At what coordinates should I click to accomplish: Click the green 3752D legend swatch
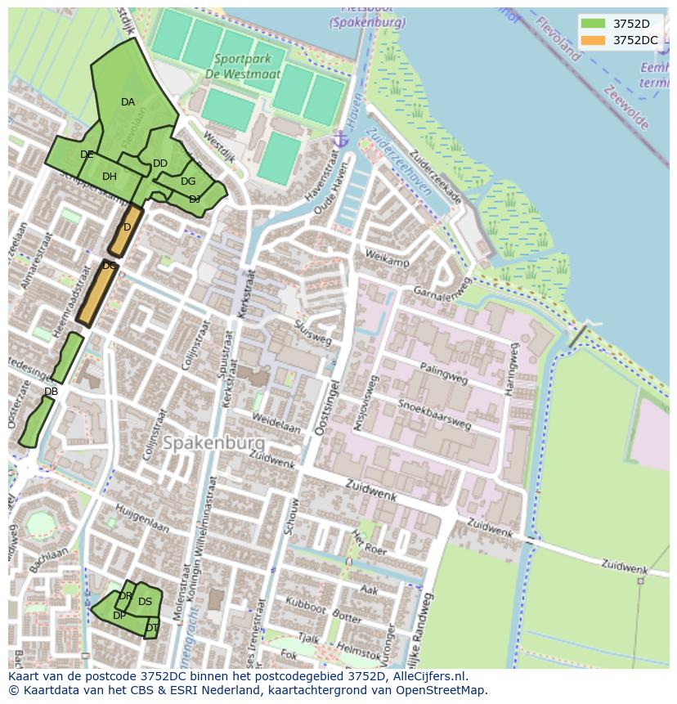coord(594,24)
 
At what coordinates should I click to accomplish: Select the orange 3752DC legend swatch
coord(594,40)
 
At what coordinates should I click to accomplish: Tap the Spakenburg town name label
coord(213,443)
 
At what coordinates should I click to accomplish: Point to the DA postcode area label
coord(128,102)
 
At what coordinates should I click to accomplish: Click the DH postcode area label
coord(110,177)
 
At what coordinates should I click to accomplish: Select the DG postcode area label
coord(188,182)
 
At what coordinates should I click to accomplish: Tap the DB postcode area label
coord(51,392)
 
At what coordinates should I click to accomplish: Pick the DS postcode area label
coord(145,602)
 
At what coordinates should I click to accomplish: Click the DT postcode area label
coord(152,628)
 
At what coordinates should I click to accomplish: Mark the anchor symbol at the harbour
coord(341,140)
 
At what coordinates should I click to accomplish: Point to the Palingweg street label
coord(444,374)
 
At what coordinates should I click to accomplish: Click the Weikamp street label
coord(388,261)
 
